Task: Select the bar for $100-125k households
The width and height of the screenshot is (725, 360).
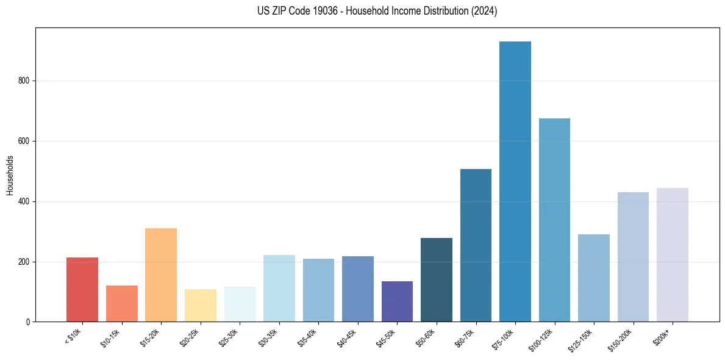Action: pyautogui.click(x=554, y=220)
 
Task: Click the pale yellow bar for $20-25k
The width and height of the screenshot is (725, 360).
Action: pyautogui.click(x=201, y=305)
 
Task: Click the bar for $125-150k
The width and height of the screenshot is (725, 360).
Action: pyautogui.click(x=594, y=278)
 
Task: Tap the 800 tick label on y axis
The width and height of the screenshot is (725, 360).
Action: pyautogui.click(x=24, y=81)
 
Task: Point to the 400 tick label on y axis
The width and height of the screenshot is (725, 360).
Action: pyautogui.click(x=24, y=201)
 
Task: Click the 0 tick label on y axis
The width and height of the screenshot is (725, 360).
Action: pyautogui.click(x=28, y=322)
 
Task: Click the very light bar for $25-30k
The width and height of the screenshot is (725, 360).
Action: pyautogui.click(x=240, y=304)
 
